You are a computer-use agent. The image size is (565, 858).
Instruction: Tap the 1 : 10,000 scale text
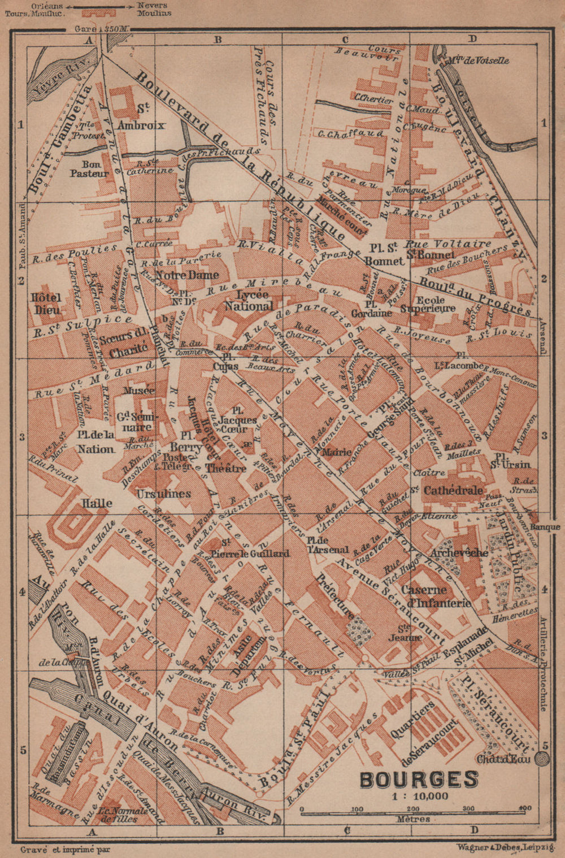(x=419, y=796)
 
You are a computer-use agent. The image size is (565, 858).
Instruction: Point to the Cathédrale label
(x=454, y=490)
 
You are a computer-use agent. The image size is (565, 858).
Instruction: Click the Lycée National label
(x=247, y=300)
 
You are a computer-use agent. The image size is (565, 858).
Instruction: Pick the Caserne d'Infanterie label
(x=436, y=596)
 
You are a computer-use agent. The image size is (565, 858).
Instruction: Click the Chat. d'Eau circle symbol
(x=544, y=758)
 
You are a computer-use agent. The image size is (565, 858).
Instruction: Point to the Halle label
(x=97, y=503)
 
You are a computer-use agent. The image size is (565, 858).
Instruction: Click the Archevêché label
(x=459, y=552)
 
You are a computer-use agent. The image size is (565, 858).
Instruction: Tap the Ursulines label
(x=164, y=493)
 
